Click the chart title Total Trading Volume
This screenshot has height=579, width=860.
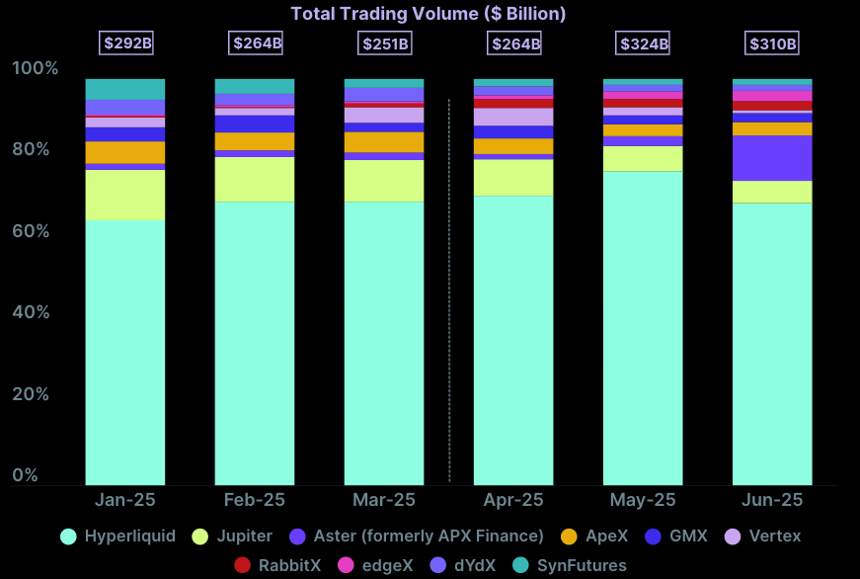428,14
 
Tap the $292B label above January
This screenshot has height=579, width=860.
125,43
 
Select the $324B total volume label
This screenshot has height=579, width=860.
643,43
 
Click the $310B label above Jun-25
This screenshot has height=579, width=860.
771,43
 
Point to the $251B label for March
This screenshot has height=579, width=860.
384,43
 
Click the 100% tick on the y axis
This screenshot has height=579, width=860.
36,68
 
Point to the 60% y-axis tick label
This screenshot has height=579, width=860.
36,231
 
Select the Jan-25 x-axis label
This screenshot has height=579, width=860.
125,500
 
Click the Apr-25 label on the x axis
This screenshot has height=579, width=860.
513,500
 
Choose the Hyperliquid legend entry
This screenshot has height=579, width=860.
118,537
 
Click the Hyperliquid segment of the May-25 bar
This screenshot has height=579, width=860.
643,326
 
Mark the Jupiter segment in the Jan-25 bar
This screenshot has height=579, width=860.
125,195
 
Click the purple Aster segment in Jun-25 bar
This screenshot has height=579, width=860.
771,158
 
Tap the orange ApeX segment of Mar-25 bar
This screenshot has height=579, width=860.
384,142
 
